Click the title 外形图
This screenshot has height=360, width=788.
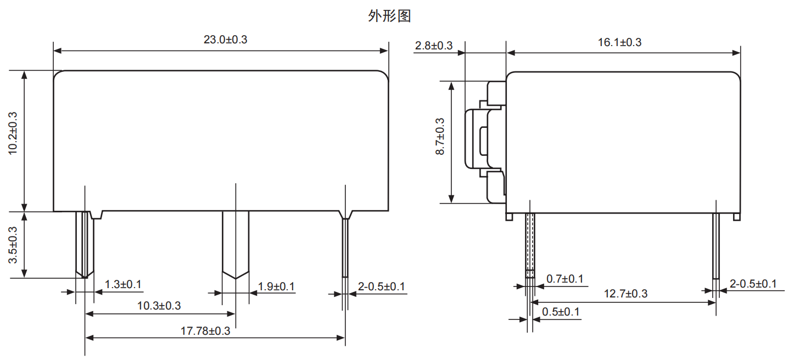coord(389,16)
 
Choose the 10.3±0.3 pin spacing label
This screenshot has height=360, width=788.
coord(159,306)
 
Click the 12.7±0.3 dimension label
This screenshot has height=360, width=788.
coord(625,294)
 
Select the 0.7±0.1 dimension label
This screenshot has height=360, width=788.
coord(565,279)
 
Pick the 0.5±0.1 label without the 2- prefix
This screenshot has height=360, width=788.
coord(561,312)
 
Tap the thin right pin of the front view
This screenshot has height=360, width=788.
coord(345,247)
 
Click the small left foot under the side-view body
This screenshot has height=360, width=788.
coord(509,217)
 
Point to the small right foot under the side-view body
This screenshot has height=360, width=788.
coord(736,217)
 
